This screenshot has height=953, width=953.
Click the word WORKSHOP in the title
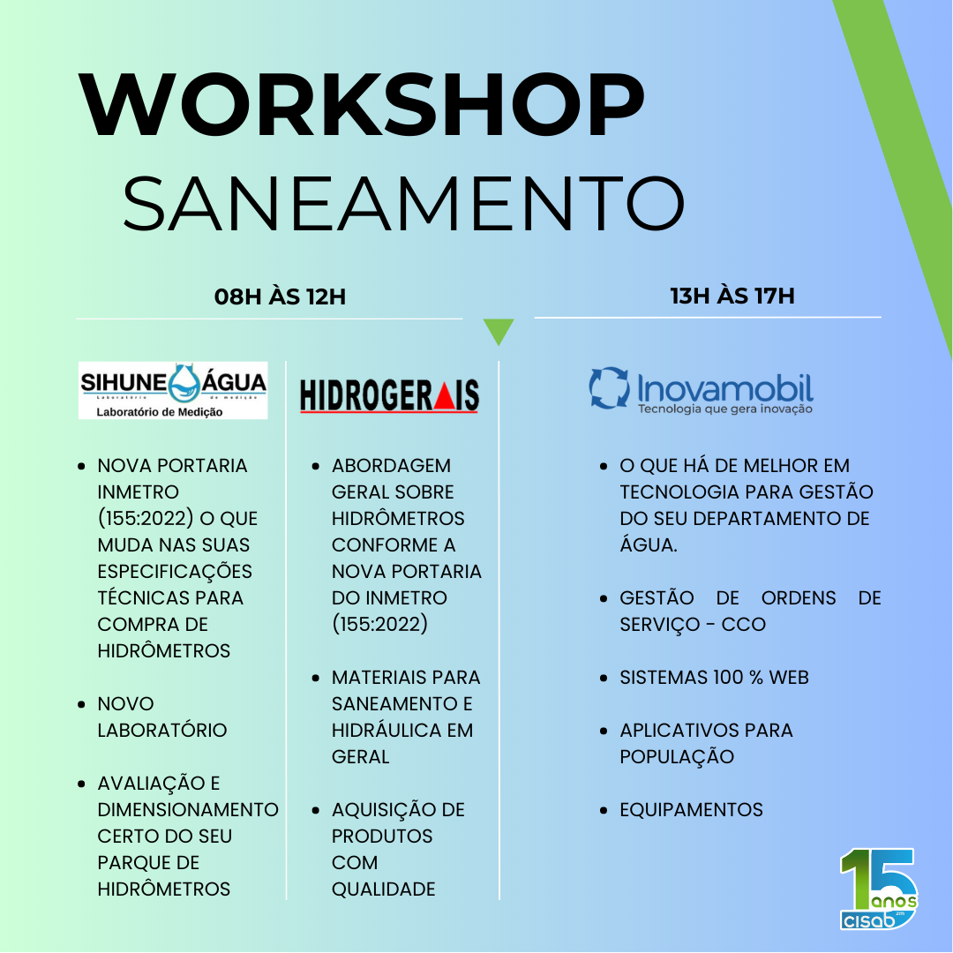pos(361,104)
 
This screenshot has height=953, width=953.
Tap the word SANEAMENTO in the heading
pos(404,203)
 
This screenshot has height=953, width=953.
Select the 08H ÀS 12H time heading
pos(281,296)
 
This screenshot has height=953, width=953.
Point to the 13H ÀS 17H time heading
pos(732,296)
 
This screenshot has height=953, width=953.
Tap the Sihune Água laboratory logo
pos(173,390)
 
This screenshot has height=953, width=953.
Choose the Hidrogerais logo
pos(390,396)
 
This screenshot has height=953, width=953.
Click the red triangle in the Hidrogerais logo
pos(445,397)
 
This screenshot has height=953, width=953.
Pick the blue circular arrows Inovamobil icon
pos(610,387)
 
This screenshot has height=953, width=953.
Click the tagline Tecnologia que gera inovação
pos(725,409)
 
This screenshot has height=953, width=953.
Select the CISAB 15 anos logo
pos(878,888)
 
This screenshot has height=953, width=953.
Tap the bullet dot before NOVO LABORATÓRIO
pos(81,704)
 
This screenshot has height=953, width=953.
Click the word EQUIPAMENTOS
pos(691,809)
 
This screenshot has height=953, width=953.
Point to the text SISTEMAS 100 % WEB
pos(714,677)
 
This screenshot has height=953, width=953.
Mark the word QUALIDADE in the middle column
pos(384,889)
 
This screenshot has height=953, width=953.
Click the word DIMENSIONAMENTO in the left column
pos(188,809)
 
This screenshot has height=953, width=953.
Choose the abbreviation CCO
pos(743,624)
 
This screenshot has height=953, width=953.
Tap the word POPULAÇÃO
pos(677,756)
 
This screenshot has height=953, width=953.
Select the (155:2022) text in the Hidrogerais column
pos(379,624)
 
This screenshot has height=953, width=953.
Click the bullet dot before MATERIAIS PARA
pos(315,678)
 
